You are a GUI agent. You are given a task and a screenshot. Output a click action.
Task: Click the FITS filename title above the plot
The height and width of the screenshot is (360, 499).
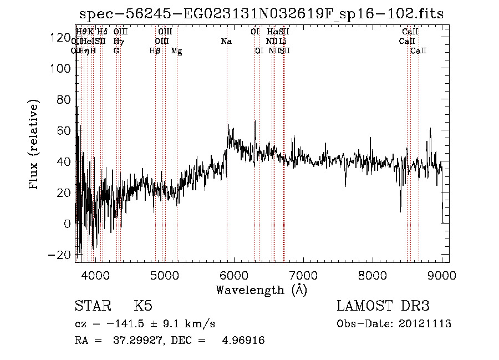262,14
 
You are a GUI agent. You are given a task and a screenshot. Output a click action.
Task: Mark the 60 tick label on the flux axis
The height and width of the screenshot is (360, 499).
60,130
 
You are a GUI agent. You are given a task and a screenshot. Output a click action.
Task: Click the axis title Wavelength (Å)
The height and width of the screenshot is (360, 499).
262,290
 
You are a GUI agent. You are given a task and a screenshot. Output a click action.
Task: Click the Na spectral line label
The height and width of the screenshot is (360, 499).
226,42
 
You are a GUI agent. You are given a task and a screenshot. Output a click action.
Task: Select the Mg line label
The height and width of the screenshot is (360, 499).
176,51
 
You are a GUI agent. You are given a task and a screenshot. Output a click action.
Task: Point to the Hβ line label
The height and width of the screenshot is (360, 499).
155,51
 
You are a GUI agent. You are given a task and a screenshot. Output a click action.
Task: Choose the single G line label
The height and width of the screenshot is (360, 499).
116,51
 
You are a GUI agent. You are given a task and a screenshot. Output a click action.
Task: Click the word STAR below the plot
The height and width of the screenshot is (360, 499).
93,307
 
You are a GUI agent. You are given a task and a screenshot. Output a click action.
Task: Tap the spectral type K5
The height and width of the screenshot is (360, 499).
143,307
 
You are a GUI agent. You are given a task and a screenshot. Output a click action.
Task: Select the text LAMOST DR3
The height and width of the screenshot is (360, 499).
383,307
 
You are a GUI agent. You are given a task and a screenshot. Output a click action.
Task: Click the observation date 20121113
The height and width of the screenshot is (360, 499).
425,323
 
